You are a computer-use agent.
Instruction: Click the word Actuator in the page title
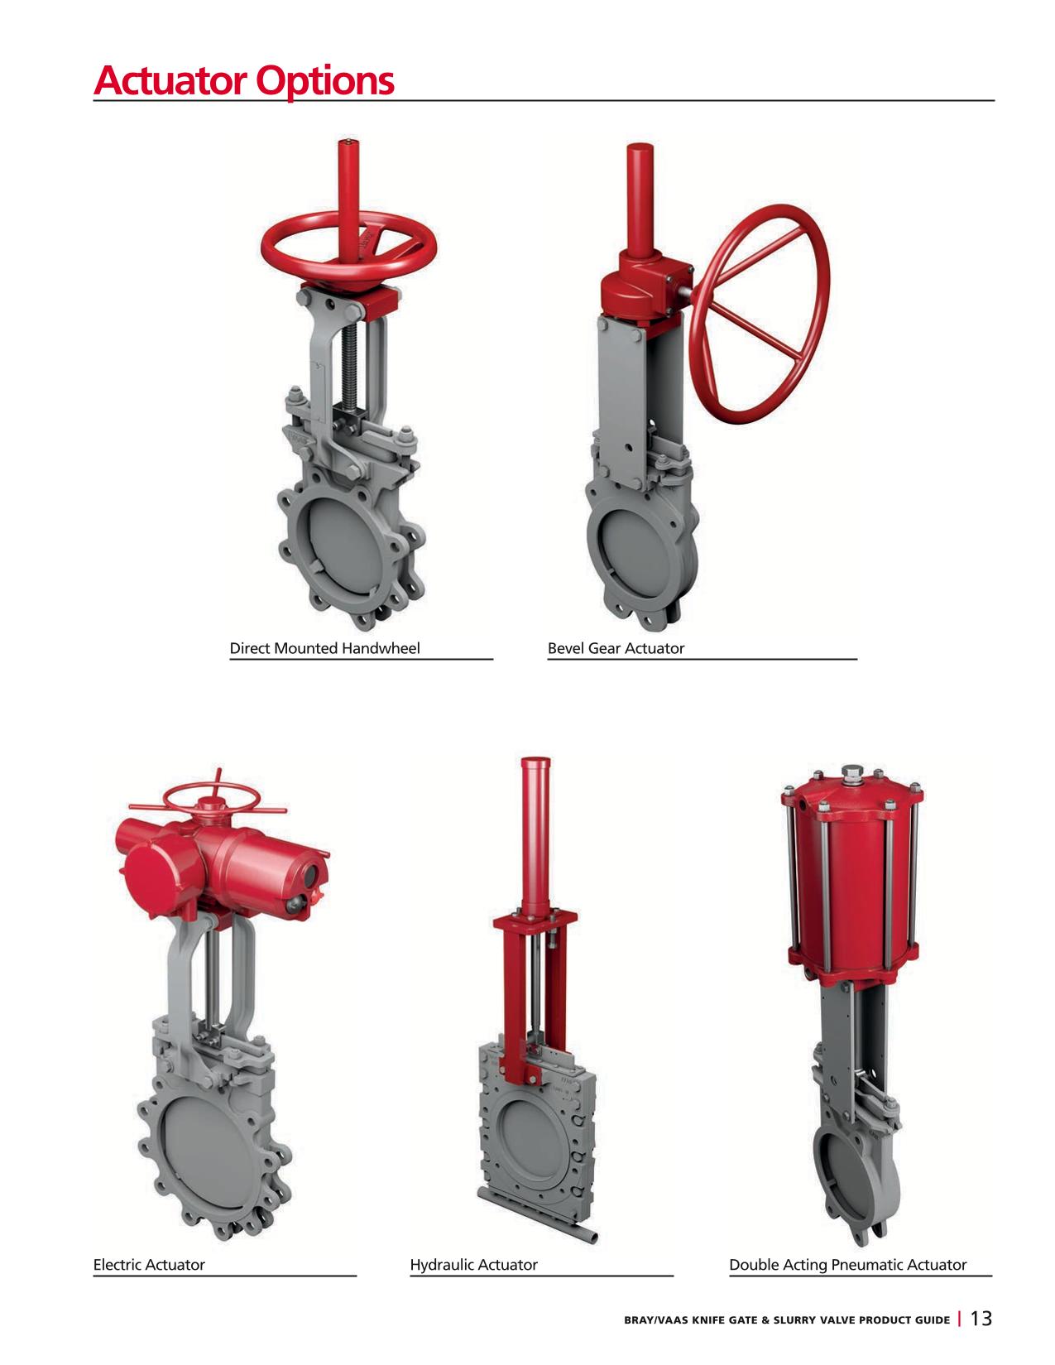point(170,80)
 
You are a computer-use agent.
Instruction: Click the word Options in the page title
point(325,81)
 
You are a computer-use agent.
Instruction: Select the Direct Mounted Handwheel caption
point(324,647)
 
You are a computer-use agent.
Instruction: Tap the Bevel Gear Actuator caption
point(616,647)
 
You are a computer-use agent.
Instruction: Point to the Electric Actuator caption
point(149,1264)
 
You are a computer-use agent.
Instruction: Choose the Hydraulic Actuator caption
point(474,1264)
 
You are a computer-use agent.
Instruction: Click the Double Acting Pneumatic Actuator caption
point(847,1264)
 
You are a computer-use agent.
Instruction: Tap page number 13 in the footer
point(981,1318)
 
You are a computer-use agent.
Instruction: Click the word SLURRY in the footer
point(793,1319)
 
